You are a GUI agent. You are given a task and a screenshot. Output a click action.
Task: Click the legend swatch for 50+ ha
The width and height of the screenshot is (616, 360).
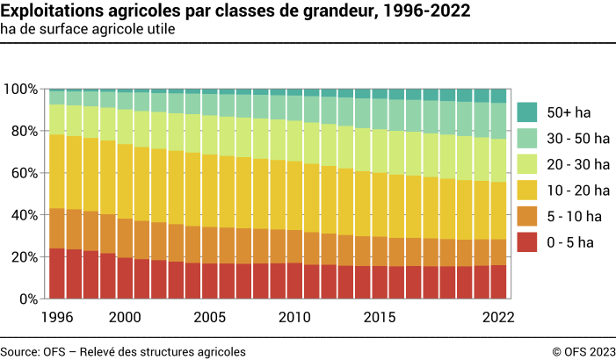(x=528, y=112)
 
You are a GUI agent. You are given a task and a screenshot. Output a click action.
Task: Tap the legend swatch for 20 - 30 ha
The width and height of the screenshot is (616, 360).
(x=528, y=164)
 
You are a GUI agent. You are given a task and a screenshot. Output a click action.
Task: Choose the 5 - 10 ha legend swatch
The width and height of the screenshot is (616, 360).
(x=528, y=215)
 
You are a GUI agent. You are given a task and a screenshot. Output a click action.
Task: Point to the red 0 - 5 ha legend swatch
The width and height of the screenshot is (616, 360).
(x=528, y=241)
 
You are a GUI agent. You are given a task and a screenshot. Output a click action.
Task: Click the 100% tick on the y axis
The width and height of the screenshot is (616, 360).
(x=20, y=90)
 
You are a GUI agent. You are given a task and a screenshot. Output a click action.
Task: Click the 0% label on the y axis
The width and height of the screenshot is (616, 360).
(x=27, y=299)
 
